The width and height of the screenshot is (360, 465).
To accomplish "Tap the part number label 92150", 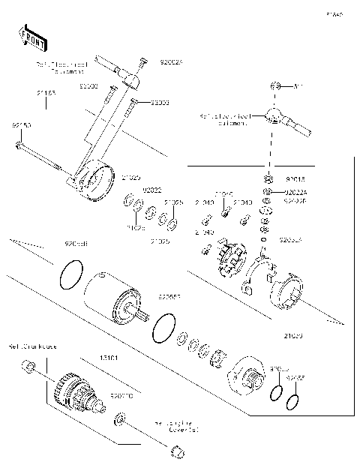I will click(x=21, y=126).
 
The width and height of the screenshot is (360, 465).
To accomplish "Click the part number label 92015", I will click(x=295, y=180).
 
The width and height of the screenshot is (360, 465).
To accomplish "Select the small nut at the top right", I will click(x=275, y=87).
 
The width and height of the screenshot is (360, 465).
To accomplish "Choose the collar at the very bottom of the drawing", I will click(x=177, y=451).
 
